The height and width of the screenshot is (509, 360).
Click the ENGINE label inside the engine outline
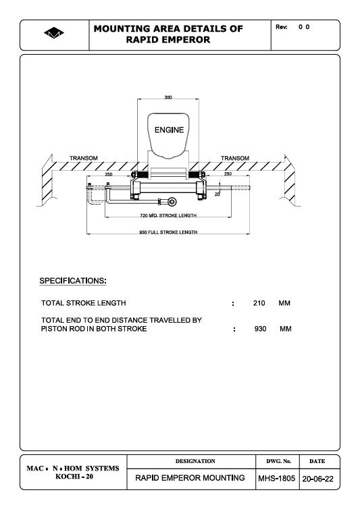coord(169,130)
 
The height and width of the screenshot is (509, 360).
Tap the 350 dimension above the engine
coord(168,97)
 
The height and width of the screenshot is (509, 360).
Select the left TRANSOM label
coord(84,158)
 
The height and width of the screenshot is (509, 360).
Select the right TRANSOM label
coord(235,158)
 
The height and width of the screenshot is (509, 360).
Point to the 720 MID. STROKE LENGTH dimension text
coord(168,215)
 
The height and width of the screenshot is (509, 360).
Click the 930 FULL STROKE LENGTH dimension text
coord(168,232)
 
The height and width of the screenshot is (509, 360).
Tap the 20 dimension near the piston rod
coord(217,194)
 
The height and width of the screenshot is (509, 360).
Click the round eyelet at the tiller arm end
coord(172,202)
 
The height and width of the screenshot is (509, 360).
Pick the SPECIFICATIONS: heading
coord(73,281)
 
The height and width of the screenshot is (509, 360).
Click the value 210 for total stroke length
coord(259,303)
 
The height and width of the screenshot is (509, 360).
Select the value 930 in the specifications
coord(260,329)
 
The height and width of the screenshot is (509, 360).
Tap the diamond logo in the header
coord(54,33)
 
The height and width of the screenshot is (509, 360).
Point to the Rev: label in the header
coord(282,27)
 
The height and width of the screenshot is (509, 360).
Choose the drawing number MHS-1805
coord(276,479)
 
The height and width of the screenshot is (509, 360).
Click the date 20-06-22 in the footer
coord(317,479)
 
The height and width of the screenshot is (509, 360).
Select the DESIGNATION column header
coord(195,461)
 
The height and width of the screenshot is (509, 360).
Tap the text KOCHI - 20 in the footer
coord(74,477)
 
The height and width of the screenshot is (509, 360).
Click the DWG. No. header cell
coord(279,461)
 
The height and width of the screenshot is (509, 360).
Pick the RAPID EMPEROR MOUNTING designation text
coord(190,478)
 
